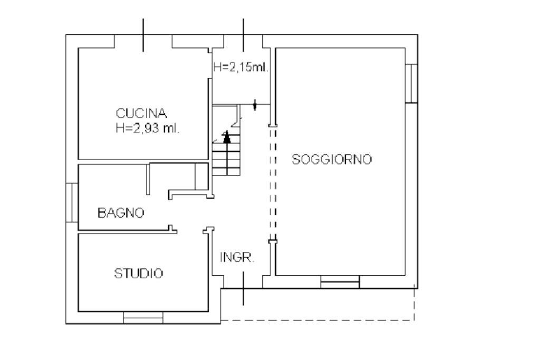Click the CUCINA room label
[142, 113]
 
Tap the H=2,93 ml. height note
[148, 128]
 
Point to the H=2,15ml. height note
[241, 67]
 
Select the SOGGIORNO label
[332, 160]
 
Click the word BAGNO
[121, 213]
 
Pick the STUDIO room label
[139, 274]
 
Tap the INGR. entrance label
[237, 258]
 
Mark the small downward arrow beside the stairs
[255, 106]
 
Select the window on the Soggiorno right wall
[411, 83]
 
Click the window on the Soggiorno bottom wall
[340, 282]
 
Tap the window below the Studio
[143, 317]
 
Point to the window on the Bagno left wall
[72, 202]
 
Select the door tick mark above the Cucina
[143, 35]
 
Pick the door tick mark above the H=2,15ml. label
[243, 35]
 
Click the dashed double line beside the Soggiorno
[272, 184]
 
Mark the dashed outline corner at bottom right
[414, 319]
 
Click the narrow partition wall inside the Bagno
[149, 179]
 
